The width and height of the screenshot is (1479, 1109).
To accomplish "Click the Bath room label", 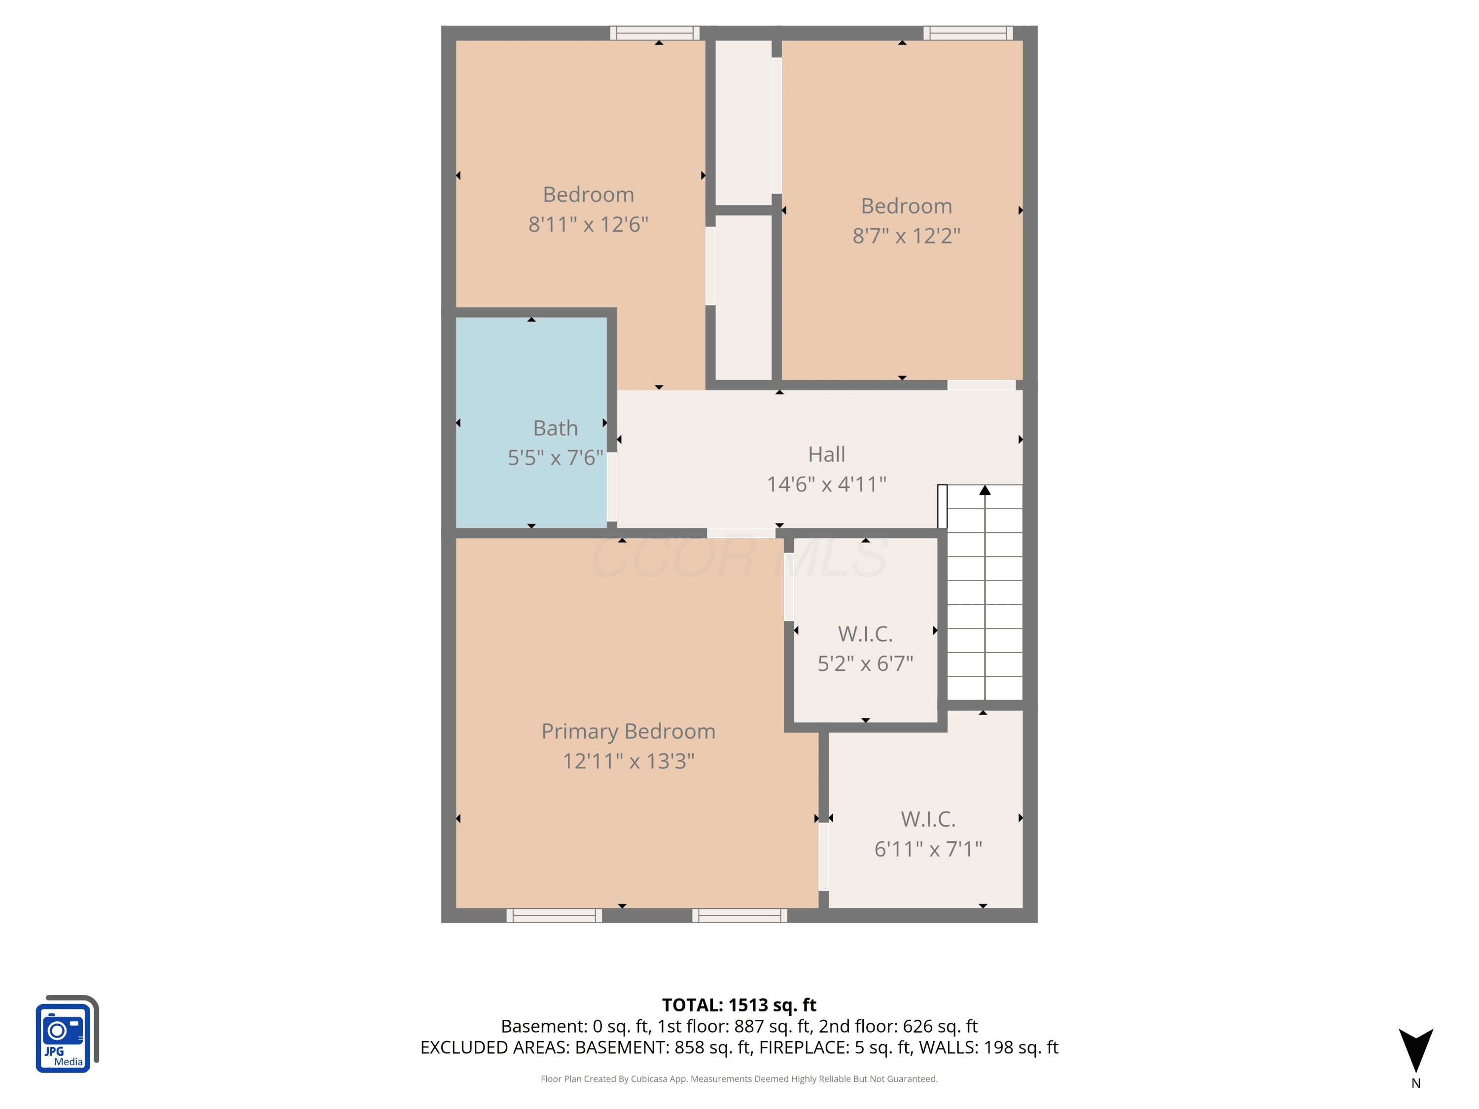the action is click(x=555, y=428).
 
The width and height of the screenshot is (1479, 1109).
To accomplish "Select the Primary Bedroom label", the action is click(x=629, y=731).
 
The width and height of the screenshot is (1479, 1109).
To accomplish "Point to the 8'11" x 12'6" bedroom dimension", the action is click(x=588, y=224).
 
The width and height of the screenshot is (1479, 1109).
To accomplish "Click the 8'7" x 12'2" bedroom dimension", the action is click(x=906, y=235).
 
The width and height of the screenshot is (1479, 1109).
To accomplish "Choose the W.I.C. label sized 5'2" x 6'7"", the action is click(x=865, y=634).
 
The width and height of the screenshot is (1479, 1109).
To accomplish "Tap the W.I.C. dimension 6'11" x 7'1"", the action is click(x=928, y=849).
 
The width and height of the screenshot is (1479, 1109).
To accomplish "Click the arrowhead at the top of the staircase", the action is click(x=985, y=490).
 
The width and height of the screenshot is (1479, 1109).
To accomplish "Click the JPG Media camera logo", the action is click(x=67, y=1034).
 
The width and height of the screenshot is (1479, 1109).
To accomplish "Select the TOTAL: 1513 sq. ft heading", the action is click(x=739, y=1005).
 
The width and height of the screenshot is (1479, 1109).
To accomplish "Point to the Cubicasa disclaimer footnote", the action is click(x=739, y=1078).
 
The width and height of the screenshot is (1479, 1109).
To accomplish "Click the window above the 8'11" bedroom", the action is click(x=655, y=33).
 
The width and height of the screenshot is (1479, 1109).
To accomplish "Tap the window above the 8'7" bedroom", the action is click(x=968, y=33).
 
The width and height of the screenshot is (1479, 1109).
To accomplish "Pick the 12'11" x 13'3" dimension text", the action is click(x=629, y=761).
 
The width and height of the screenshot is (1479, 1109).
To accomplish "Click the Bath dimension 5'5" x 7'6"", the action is click(x=555, y=458).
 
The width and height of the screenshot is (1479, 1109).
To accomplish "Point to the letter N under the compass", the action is click(x=1415, y=1083).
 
